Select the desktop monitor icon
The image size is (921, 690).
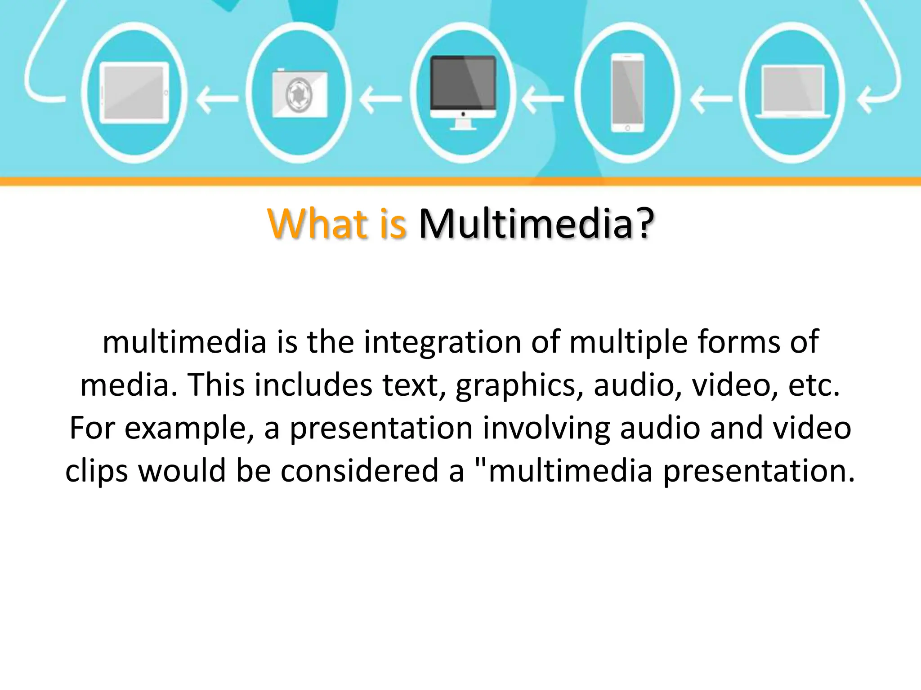[x=463, y=92]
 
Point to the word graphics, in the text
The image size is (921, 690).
[x=517, y=385]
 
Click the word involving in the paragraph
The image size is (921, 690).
[x=546, y=429]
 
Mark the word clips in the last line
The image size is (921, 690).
[x=96, y=471]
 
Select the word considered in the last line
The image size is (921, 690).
[x=360, y=471]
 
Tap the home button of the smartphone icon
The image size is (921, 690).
[x=627, y=128]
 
